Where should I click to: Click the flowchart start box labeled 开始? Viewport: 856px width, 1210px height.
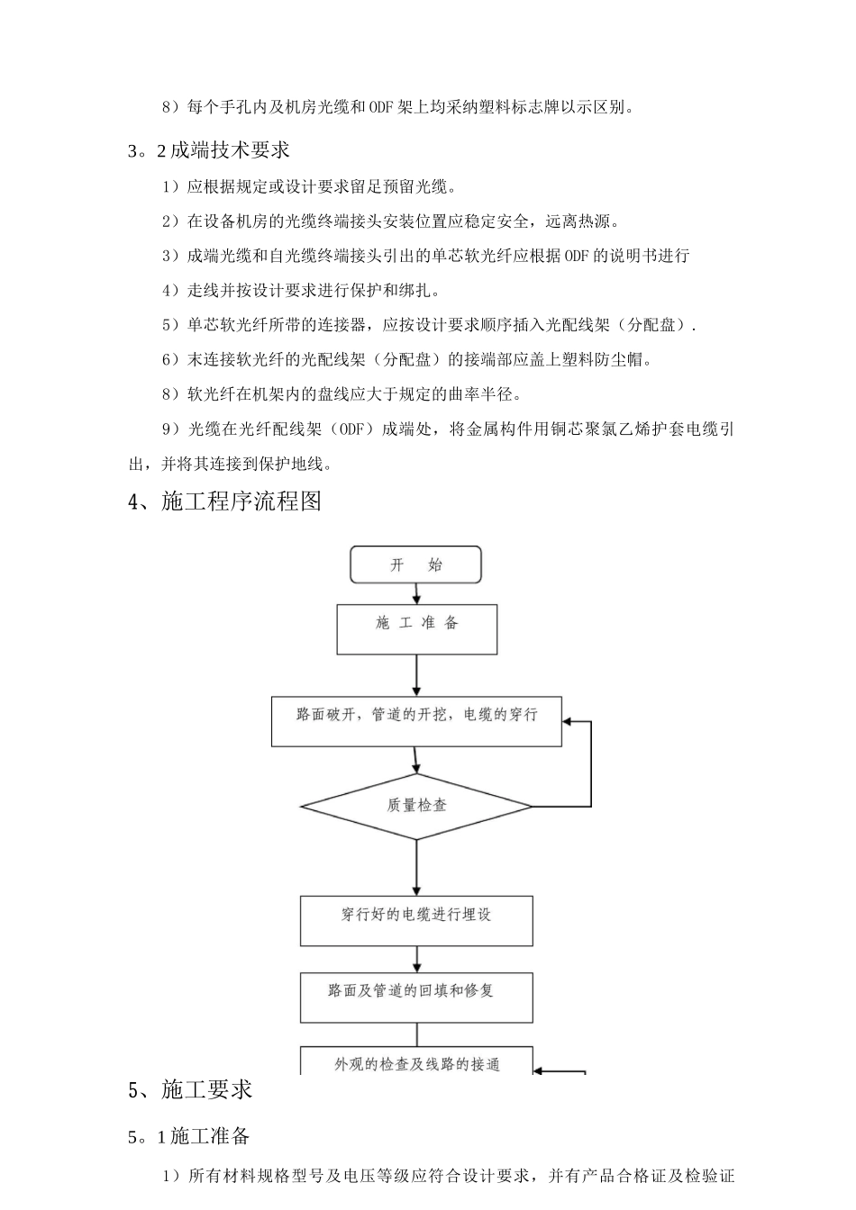tap(415, 565)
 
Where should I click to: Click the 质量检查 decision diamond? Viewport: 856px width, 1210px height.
tap(416, 806)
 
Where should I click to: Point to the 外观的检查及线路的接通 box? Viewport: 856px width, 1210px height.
tap(416, 1062)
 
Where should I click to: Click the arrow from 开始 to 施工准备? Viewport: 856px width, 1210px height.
tap(416, 593)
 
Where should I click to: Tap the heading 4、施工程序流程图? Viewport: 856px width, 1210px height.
tap(225, 501)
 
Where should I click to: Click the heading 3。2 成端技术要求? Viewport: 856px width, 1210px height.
tap(208, 150)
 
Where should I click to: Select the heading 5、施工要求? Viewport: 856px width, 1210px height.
tap(190, 1090)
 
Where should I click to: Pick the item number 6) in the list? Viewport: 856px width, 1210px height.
tap(171, 360)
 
